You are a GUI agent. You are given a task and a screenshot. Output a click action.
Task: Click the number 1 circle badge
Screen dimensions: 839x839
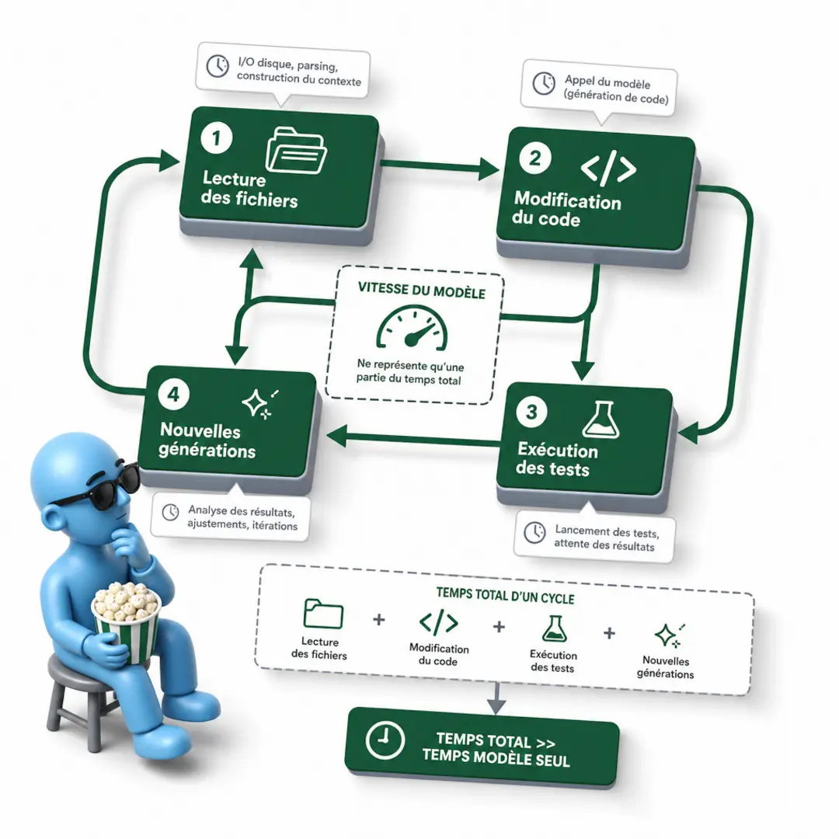[x=217, y=138]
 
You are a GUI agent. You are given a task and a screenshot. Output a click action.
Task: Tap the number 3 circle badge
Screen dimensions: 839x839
[x=531, y=412]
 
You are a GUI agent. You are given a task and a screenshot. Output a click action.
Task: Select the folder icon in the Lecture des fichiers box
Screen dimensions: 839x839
[x=296, y=151]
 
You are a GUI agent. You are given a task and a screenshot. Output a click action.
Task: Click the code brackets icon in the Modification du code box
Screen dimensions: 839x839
[x=608, y=169]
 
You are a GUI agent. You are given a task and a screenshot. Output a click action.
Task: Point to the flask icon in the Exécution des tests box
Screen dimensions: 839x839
[x=601, y=419]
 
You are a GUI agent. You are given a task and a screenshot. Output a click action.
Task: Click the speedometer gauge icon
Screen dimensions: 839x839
[x=412, y=328]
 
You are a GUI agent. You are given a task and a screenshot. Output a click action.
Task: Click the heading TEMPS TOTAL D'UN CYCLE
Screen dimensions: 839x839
[x=505, y=596]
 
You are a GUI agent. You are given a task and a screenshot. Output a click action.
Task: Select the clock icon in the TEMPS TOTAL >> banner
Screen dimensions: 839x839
[x=385, y=740]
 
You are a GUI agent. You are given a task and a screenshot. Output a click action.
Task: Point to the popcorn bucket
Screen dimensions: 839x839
[x=127, y=621]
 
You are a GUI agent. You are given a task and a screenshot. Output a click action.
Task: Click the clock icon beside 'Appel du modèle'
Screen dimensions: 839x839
[x=544, y=83]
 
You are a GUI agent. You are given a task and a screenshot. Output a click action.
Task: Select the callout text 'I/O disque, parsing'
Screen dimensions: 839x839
[x=288, y=64]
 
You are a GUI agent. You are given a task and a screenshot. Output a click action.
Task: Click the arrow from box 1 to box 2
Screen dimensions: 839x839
[x=439, y=166]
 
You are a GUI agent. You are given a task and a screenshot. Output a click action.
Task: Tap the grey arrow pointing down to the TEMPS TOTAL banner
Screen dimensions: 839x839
[x=496, y=697]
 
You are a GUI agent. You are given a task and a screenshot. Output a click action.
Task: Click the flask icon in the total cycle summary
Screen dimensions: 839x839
[x=555, y=628]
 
